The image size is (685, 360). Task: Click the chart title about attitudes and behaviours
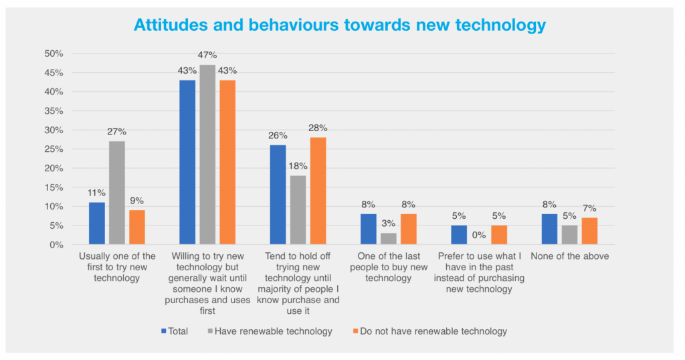coord(340,25)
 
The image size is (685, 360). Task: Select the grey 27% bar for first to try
coord(117,193)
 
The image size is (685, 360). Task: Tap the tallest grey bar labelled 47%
coord(208,155)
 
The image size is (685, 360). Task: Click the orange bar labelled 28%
coord(318,191)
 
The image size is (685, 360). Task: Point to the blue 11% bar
coord(97,223)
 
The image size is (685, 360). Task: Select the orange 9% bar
coord(136,228)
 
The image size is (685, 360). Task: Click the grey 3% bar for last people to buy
coord(389,239)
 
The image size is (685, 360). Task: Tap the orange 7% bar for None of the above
coord(589,232)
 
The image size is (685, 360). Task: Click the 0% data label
coord(480,235)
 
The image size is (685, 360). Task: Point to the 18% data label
coord(298,166)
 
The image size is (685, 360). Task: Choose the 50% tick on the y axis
coord(54,54)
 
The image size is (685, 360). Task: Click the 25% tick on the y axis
coord(54,149)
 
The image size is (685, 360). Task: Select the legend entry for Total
coord(175,331)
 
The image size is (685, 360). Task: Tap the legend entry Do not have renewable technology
coord(428,331)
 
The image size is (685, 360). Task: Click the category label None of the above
coord(569,256)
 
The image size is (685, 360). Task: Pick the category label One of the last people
coord(389,267)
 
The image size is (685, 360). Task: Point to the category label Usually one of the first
coord(117,267)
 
